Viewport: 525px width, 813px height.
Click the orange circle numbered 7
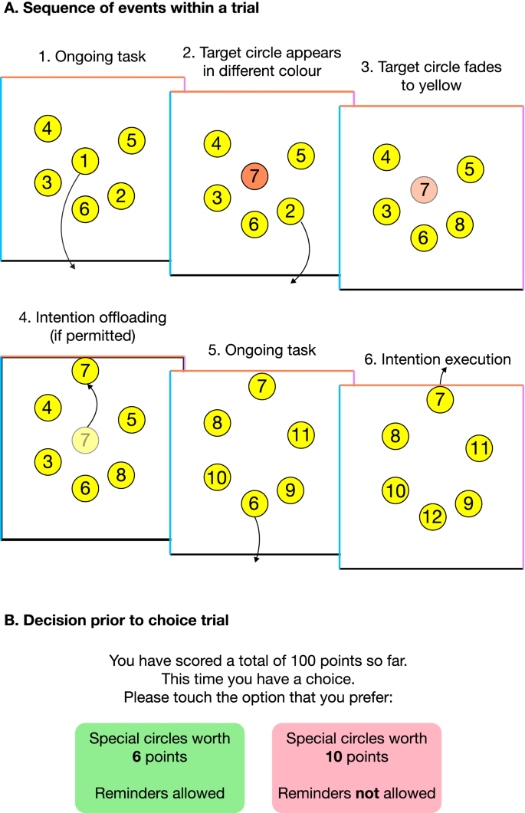click(x=254, y=176)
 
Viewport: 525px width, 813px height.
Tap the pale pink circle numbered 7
click(x=423, y=188)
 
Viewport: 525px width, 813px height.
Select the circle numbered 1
click(x=84, y=161)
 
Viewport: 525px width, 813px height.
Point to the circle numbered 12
click(x=432, y=517)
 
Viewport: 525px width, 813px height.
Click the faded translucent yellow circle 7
click(x=85, y=440)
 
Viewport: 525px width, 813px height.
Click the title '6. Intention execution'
click(x=437, y=359)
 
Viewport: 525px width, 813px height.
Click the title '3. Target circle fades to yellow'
click(x=431, y=76)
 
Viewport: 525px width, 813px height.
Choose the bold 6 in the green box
click(x=159, y=757)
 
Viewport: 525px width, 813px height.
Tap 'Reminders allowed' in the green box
click(x=159, y=793)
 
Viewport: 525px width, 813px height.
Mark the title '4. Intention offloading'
click(x=92, y=316)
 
